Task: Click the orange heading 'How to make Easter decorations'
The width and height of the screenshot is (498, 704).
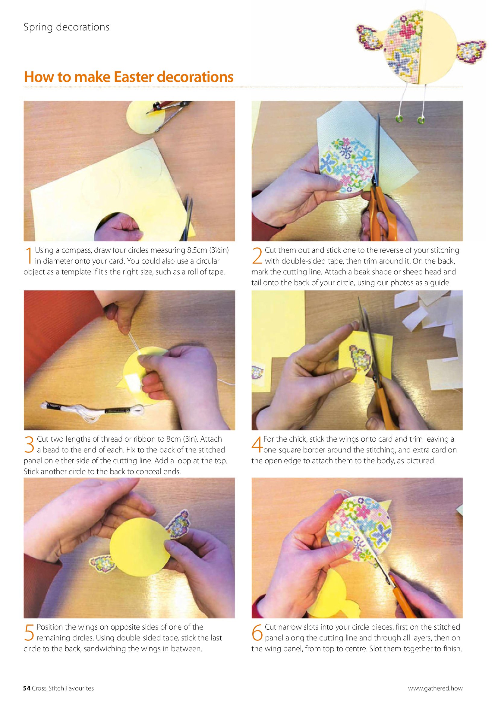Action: (x=128, y=77)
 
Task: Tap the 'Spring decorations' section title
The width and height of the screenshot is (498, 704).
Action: (x=66, y=28)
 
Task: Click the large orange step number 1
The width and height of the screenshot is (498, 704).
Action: (x=29, y=256)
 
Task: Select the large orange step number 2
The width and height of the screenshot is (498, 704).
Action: (x=257, y=256)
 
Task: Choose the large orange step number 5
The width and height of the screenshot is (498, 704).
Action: (x=29, y=633)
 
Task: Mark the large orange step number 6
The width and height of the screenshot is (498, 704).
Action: (x=257, y=633)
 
